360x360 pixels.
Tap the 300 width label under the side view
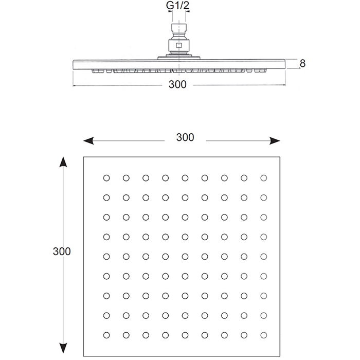[177, 85]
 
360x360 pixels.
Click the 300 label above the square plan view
[185, 137]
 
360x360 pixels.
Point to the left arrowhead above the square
[87, 140]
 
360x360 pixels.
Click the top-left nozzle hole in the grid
[106, 178]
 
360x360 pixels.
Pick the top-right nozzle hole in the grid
[264, 178]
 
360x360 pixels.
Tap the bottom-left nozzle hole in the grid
[106, 334]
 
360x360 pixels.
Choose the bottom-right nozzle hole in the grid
[264, 334]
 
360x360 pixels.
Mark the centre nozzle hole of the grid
[185, 256]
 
